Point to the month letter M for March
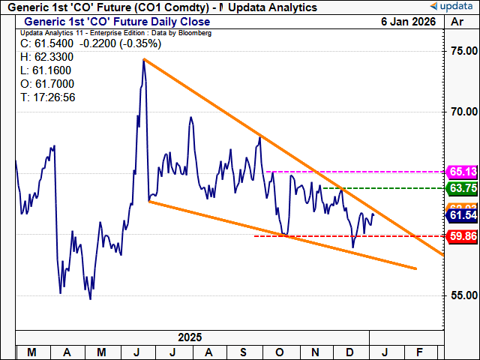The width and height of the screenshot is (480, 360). pos(33,351)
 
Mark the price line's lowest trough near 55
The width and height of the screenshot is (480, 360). pos(90,299)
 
